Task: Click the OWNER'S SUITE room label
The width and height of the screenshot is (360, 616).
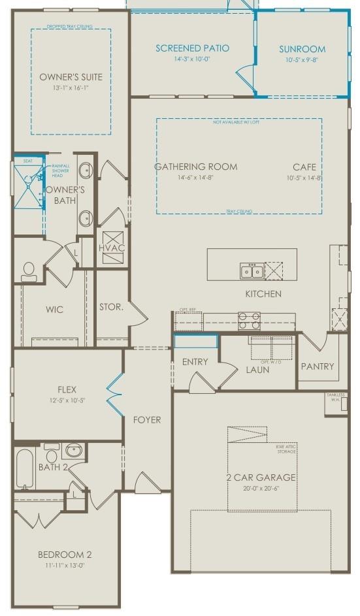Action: [71, 76]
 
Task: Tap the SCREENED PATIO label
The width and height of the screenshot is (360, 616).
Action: [192, 48]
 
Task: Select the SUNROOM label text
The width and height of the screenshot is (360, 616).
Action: [302, 49]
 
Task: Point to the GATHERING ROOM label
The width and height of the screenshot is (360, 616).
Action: [195, 167]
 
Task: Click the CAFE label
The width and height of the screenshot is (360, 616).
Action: [304, 167]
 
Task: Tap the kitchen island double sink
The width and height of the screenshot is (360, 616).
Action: [252, 270]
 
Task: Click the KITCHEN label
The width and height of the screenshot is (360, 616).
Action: [263, 294]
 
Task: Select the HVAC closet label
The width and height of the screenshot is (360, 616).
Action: [111, 248]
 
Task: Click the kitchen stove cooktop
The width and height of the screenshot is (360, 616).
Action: [249, 320]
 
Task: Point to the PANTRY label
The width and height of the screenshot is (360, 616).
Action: [318, 366]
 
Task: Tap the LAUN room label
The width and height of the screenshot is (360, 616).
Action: [257, 370]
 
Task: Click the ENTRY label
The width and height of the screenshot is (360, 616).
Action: [195, 362]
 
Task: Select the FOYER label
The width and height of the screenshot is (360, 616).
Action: [147, 419]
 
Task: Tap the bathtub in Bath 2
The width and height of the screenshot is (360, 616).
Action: [25, 468]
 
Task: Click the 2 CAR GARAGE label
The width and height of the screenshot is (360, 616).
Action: [261, 478]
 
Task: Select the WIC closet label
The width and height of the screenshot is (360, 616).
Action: [55, 310]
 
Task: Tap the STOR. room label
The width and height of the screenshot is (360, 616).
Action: [111, 306]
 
